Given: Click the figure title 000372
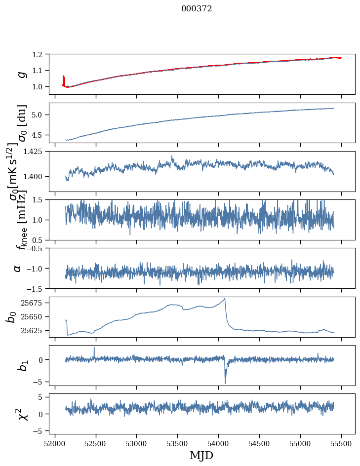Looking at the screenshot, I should click(197, 9).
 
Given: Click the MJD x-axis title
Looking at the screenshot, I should click(201, 456).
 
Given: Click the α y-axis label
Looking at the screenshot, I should click(18, 268).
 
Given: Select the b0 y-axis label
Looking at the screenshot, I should click(11, 316).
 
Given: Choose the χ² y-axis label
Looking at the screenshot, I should click(20, 414).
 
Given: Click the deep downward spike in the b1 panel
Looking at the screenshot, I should click(225, 383).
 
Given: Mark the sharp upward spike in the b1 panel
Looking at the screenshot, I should click(94, 348).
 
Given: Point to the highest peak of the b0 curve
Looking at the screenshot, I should click(225, 299).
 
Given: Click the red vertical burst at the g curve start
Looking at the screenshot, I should click(64, 80).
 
